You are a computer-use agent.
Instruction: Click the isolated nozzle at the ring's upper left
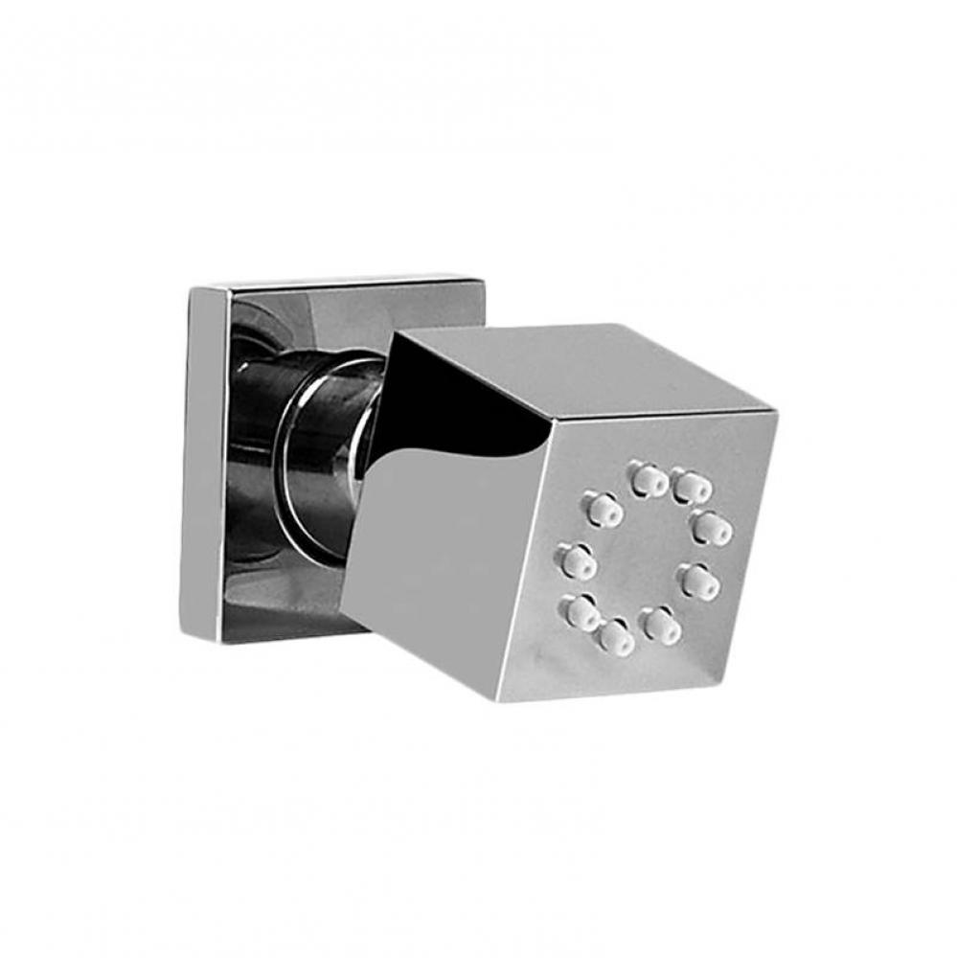604,510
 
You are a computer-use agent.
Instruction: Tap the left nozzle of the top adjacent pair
649,478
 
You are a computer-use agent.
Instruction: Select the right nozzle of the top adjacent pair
691,487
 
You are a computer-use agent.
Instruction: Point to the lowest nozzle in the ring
614,635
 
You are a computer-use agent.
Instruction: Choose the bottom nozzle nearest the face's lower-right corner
661,625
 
